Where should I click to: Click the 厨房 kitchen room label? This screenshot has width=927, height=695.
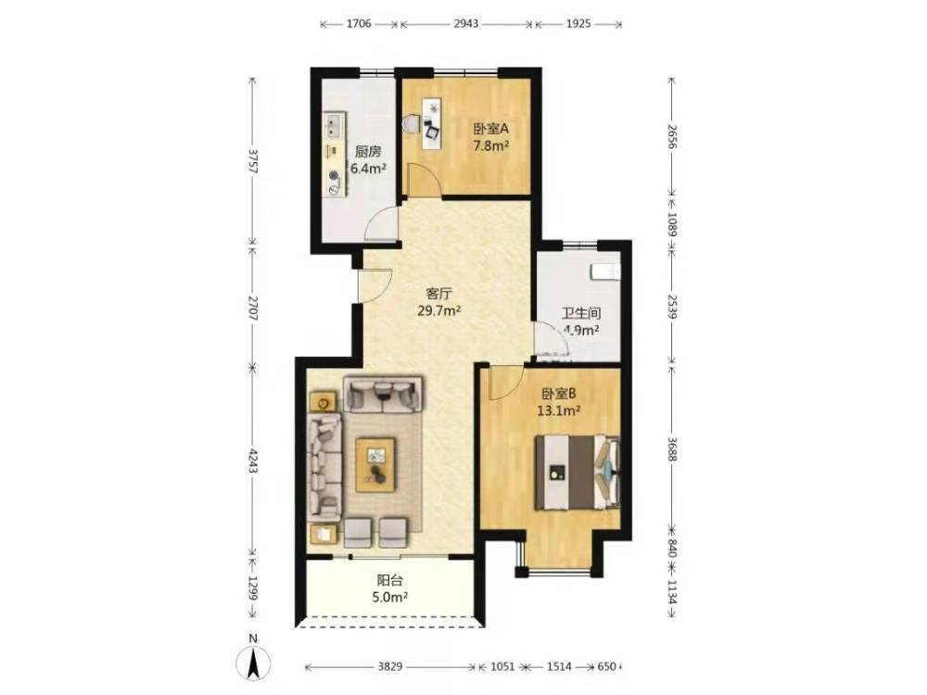[x=368, y=152]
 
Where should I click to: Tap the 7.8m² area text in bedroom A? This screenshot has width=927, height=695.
[x=491, y=145]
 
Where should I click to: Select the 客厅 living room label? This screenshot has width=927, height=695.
[x=439, y=293]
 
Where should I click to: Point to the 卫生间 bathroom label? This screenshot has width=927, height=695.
[x=581, y=313]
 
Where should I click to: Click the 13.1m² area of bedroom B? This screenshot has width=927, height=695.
[x=558, y=411]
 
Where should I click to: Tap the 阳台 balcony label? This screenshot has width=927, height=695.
[x=390, y=580]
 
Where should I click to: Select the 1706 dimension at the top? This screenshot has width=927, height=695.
[x=358, y=24]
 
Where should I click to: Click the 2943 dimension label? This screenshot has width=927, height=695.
[x=466, y=24]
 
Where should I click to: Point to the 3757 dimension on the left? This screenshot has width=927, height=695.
[x=253, y=160]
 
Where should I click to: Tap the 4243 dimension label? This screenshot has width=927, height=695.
[x=253, y=461]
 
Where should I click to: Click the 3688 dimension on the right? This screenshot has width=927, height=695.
[x=671, y=449]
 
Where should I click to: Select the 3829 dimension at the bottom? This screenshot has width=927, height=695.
[x=390, y=666]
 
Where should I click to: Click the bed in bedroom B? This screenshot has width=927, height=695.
[x=578, y=473]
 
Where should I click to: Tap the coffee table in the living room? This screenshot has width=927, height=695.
[x=375, y=464]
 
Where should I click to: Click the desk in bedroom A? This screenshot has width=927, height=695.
[x=431, y=123]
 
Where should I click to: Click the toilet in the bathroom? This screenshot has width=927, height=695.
[x=605, y=272]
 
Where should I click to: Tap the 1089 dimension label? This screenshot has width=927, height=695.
[x=671, y=224]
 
